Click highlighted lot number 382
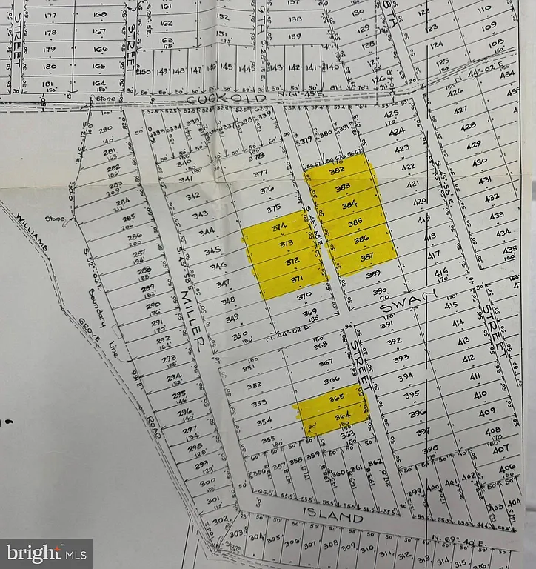[x=338, y=170]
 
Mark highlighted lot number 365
[x=337, y=398]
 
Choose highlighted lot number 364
[x=341, y=418]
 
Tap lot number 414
[x=458, y=322]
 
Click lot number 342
[x=193, y=196]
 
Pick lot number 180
[x=50, y=67]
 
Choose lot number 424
[x=398, y=131]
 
